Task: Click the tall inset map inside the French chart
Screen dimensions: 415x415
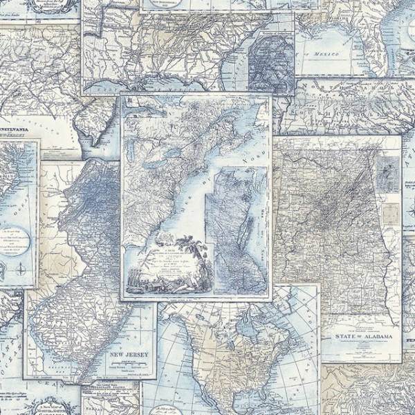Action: point(239,228)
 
